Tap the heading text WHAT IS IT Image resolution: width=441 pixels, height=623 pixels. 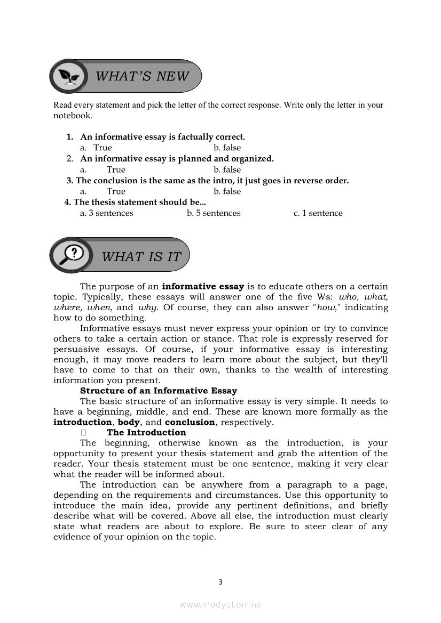(141, 256)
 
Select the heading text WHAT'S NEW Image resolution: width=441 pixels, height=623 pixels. (142, 76)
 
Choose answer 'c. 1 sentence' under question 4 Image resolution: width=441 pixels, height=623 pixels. (318, 213)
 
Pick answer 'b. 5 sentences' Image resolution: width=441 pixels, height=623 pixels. (214, 213)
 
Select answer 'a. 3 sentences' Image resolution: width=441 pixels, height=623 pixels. (106, 213)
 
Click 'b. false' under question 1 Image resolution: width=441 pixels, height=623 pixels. (227, 148)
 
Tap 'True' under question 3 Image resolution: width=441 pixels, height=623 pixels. (116, 191)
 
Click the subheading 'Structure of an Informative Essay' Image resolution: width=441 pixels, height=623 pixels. (159, 391)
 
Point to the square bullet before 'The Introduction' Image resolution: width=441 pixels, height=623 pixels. (84, 433)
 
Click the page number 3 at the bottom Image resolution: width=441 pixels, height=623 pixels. (220, 582)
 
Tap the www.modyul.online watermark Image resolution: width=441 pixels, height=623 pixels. (220, 604)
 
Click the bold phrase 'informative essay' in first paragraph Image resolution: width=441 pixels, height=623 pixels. (203, 286)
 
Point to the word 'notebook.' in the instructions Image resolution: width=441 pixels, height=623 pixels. (73, 115)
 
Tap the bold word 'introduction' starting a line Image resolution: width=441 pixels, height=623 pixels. (82, 422)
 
